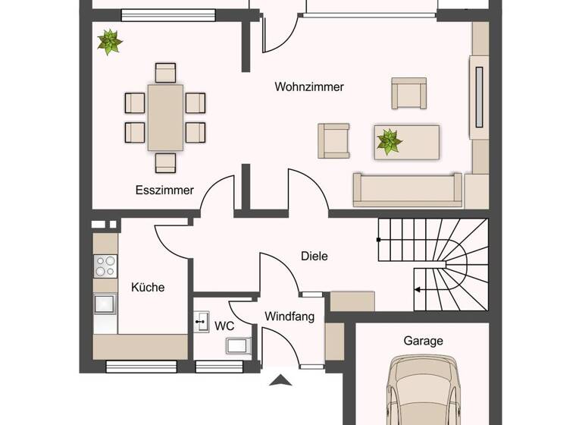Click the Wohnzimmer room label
click(309, 87)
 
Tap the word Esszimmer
click(164, 190)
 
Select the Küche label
click(148, 288)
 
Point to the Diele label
click(314, 257)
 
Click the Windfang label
click(289, 316)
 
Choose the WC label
click(224, 326)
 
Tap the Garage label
click(423, 342)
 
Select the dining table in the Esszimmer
click(165, 118)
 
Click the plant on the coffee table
click(390, 142)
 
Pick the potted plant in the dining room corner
click(110, 42)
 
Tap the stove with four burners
click(105, 266)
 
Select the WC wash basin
click(202, 322)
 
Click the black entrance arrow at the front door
click(281, 380)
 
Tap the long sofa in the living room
click(407, 189)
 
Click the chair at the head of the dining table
click(165, 72)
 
